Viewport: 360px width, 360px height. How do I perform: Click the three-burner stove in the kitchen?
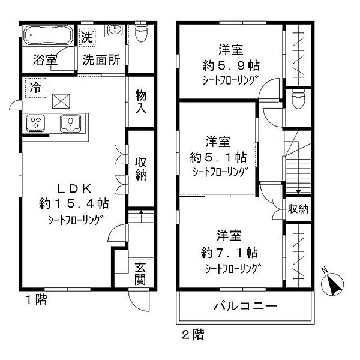(x=36, y=123)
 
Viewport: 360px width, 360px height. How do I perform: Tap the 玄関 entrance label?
(x=140, y=273)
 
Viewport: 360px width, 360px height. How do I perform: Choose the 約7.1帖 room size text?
(x=230, y=252)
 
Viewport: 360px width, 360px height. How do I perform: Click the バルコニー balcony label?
(x=245, y=307)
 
